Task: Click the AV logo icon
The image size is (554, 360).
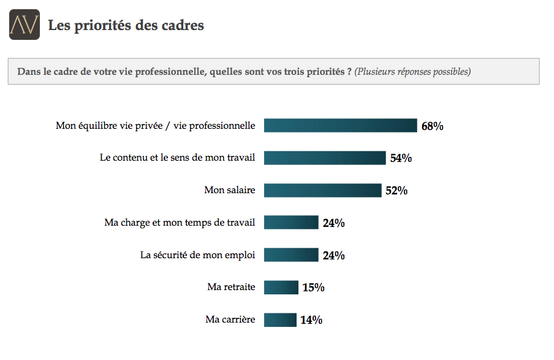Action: [x=25, y=25]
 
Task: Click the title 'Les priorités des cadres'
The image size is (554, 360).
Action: [x=126, y=25]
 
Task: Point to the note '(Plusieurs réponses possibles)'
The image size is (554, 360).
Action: [x=412, y=72]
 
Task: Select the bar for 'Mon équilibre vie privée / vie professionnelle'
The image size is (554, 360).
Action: [x=340, y=126]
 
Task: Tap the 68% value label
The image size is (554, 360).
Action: [x=432, y=126]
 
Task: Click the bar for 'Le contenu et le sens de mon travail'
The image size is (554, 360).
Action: [x=325, y=158]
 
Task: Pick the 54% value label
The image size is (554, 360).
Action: [x=401, y=158]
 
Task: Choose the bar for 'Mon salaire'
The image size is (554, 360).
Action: [x=322, y=190]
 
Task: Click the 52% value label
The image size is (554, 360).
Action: [x=397, y=191]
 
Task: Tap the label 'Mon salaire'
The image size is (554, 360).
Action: [x=229, y=190]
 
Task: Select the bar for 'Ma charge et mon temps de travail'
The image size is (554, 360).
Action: [x=291, y=222]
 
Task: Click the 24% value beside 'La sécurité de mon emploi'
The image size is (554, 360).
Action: [x=333, y=256]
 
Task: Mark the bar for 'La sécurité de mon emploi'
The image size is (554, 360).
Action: [x=291, y=255]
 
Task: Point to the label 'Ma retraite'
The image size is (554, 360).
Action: [x=231, y=287]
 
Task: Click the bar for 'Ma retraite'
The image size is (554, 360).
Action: [x=281, y=287]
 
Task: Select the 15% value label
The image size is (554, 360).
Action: [x=313, y=288]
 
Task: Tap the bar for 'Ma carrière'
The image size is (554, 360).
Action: [x=279, y=320]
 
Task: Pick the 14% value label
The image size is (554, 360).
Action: [x=311, y=320]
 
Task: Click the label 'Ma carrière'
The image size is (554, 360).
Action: [x=230, y=320]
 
